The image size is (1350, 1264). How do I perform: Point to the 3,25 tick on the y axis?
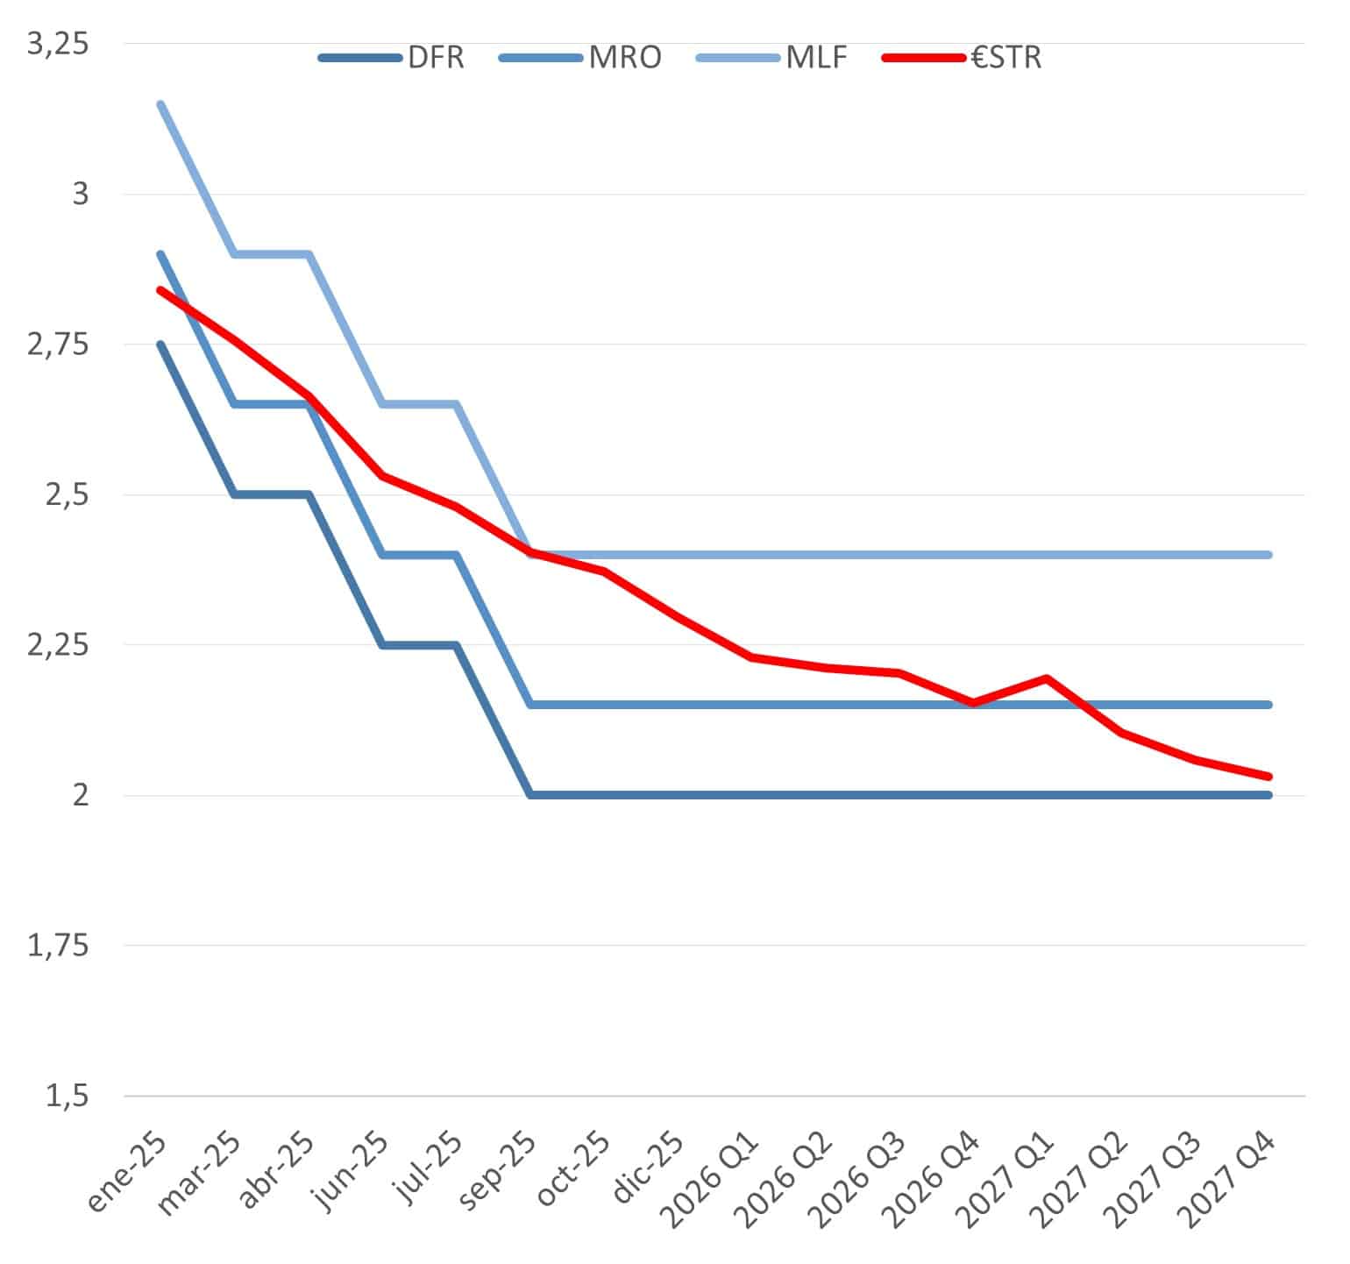59,44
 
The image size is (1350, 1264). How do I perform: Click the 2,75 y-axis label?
59,344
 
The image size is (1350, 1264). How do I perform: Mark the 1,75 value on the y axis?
59,946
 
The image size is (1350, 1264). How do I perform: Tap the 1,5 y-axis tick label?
67,1096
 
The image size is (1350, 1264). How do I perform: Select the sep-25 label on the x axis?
496,1172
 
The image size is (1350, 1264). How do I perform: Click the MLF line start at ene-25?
160,104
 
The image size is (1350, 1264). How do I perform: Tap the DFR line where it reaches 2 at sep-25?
530,795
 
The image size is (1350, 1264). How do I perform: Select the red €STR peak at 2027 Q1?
1047,678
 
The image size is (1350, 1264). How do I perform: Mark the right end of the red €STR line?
1268,777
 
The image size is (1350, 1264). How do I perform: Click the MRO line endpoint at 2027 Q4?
1268,705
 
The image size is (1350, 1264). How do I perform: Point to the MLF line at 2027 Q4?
1268,555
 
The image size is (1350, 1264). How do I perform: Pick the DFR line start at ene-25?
160,344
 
